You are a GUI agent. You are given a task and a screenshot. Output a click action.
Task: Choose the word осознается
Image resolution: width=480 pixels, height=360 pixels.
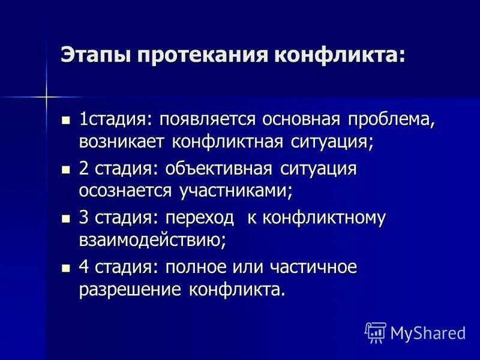(x=125, y=192)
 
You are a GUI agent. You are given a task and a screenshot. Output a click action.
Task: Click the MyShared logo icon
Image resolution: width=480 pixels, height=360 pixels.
(x=375, y=332)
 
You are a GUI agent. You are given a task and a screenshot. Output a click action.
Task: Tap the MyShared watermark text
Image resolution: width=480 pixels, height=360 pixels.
(x=428, y=332)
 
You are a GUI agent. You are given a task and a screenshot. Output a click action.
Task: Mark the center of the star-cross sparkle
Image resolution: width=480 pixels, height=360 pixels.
(x=46, y=95)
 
